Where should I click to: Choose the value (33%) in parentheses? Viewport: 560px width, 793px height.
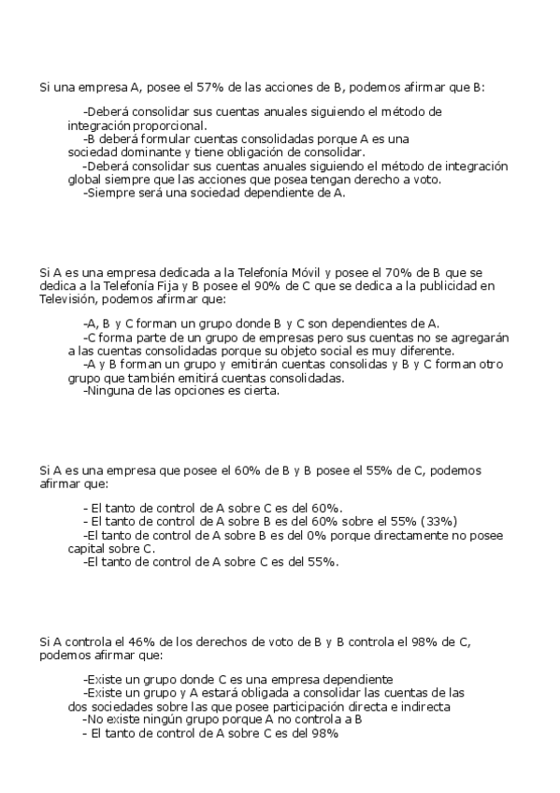coord(438,521)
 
